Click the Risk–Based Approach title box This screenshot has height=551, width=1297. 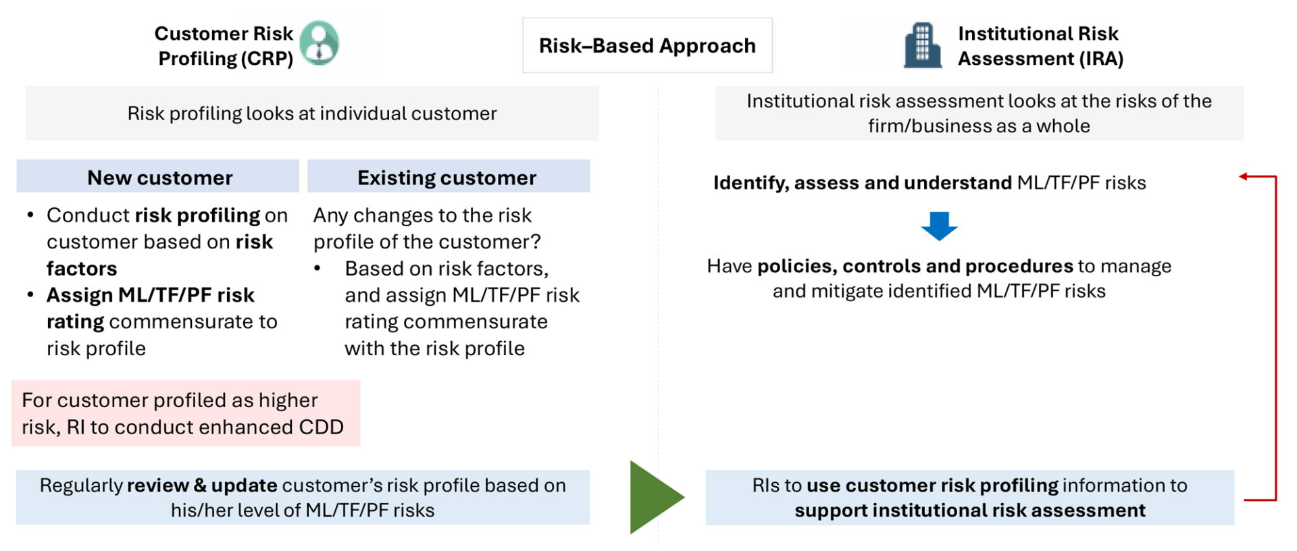pos(646,45)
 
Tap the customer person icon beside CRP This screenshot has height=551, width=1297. pos(319,43)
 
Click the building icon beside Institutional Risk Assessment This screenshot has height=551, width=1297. pos(922,45)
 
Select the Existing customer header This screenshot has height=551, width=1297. pos(448,177)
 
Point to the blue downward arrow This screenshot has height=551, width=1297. pos(939,226)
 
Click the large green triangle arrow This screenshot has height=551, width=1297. pos(654,498)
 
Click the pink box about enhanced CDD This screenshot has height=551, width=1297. pos(185,413)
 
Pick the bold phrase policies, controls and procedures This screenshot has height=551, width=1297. pos(915,266)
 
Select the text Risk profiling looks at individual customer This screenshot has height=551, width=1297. pos(311,113)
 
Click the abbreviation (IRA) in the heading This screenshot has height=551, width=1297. pos(1100,59)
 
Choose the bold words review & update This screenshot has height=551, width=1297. pos(202,486)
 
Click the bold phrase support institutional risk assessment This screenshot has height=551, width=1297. pos(969,510)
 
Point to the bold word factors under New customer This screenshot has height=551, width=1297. pos(82,269)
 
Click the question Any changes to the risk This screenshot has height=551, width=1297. pos(422,215)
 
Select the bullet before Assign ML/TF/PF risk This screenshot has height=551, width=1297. pos(30,295)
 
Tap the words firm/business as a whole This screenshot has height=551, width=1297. pos(978,126)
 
